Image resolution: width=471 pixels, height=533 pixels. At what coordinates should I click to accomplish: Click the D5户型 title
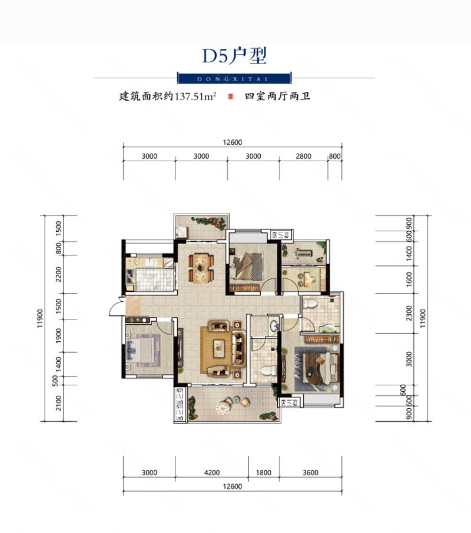pyautogui.click(x=234, y=56)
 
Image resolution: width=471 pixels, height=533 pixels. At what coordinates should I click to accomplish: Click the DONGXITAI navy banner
pyautogui.click(x=234, y=78)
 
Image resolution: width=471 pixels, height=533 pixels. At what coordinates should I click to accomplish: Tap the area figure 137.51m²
pyautogui.click(x=195, y=96)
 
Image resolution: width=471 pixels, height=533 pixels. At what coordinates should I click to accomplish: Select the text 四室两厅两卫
pyautogui.click(x=277, y=96)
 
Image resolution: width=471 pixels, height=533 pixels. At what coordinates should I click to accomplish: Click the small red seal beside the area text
pyautogui.click(x=231, y=96)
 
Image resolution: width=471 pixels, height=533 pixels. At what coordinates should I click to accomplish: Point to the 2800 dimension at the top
pyautogui.click(x=303, y=156)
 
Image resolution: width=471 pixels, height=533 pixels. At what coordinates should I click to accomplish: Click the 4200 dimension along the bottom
pyautogui.click(x=211, y=472)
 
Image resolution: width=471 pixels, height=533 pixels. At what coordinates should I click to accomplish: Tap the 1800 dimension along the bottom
pyautogui.click(x=264, y=472)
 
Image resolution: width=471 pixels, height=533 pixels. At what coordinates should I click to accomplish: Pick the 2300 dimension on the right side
pyautogui.click(x=409, y=313)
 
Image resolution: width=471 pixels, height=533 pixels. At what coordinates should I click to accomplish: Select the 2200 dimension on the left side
pyautogui.click(x=59, y=274)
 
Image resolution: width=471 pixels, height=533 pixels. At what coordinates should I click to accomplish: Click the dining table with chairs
pyautogui.click(x=201, y=268)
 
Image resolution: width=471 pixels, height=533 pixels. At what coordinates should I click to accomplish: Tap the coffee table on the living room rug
pyautogui.click(x=218, y=349)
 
